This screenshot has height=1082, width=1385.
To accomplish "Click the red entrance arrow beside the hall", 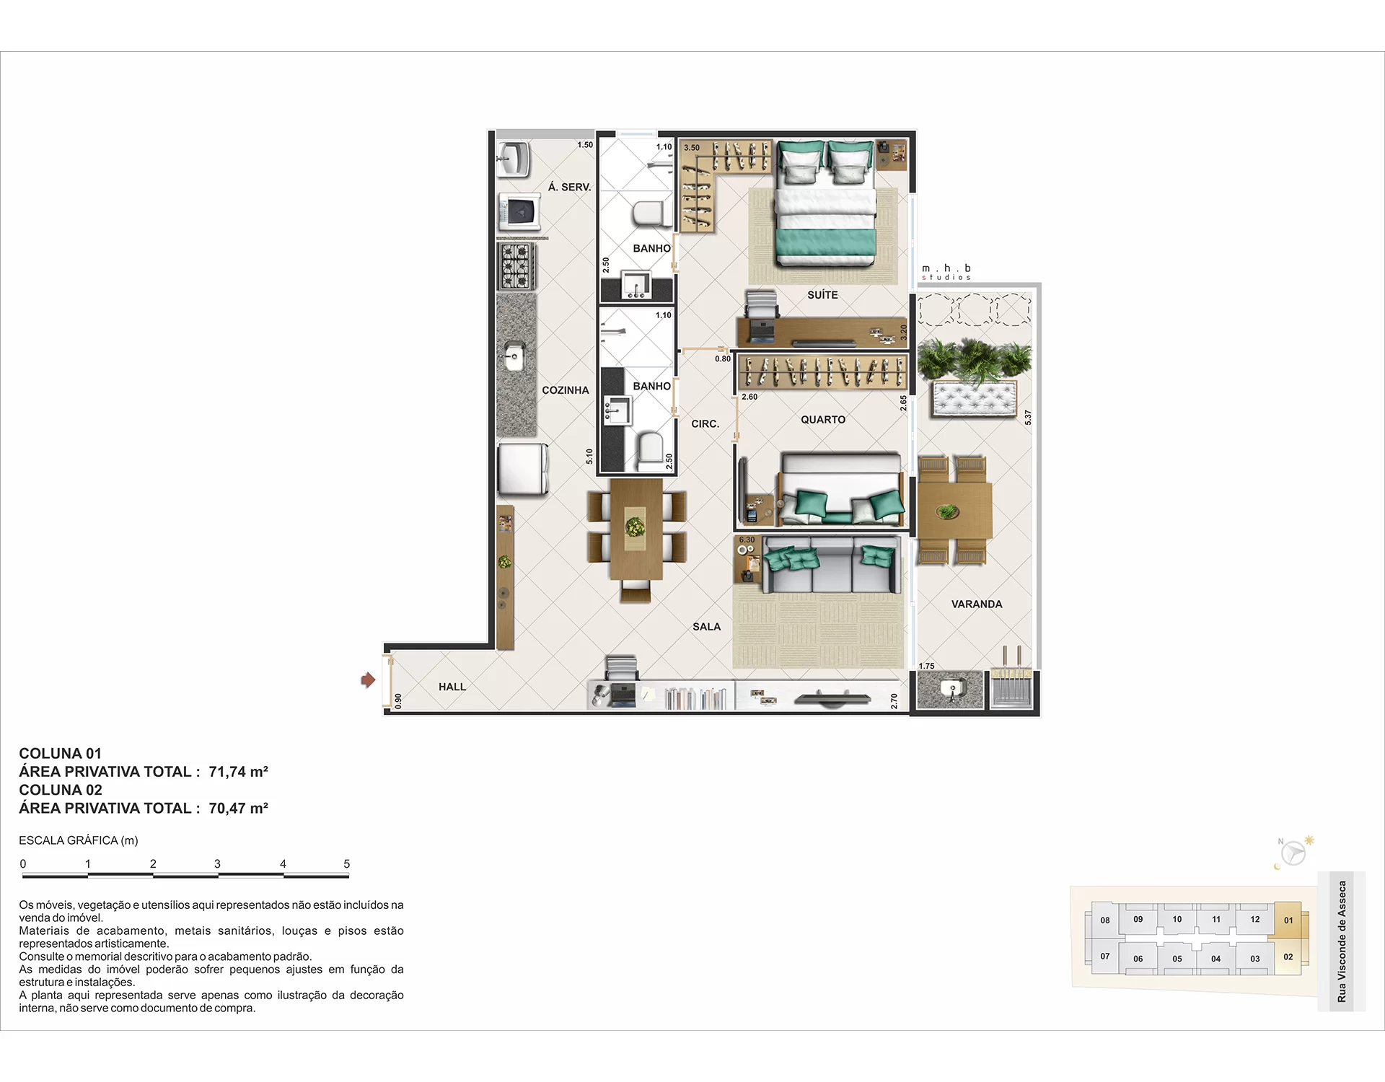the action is [x=368, y=679].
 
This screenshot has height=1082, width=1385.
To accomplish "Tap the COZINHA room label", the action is [x=566, y=390].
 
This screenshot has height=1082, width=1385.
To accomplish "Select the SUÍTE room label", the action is [x=822, y=295].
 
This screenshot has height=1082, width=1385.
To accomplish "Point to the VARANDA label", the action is [x=977, y=604].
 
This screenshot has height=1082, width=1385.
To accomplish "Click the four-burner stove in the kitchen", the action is [x=516, y=265].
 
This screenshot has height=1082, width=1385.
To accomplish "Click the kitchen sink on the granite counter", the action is [x=514, y=356].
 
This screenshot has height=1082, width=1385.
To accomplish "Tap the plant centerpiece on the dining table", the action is [x=635, y=527].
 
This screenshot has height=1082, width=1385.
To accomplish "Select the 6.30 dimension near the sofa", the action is [x=747, y=540].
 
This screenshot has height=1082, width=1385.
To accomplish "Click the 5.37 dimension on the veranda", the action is [x=1028, y=417].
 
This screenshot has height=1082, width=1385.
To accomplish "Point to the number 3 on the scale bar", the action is [x=217, y=863].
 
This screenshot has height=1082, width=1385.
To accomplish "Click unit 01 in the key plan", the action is [x=1288, y=920].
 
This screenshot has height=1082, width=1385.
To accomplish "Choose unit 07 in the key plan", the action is [x=1104, y=956].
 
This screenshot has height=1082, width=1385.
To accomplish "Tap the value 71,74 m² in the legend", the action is [x=238, y=772].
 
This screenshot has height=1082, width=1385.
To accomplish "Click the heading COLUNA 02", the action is [x=61, y=790].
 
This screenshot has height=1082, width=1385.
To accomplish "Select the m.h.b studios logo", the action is [x=946, y=272].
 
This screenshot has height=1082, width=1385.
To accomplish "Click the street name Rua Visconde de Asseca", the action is [x=1342, y=941].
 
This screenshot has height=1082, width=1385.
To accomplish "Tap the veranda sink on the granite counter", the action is [x=951, y=690].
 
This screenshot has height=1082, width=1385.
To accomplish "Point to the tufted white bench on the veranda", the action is [x=975, y=399].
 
